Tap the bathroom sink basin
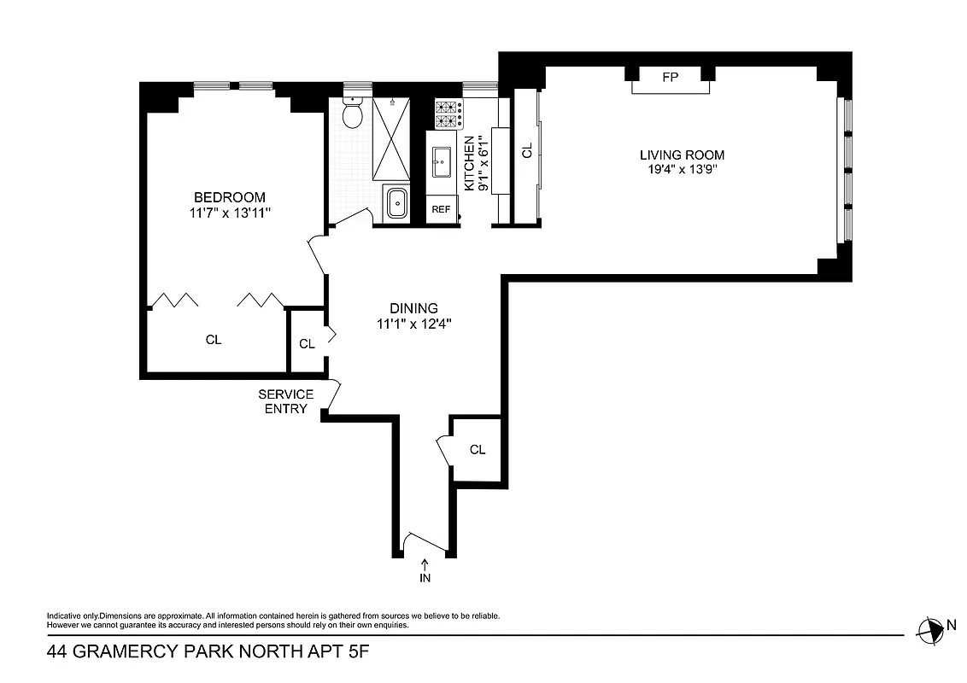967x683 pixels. pyautogui.click(x=397, y=205)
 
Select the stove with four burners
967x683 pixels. pyautogui.click(x=448, y=114)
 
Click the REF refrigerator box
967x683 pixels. pyautogui.click(x=441, y=209)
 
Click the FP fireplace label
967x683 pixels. pyautogui.click(x=671, y=78)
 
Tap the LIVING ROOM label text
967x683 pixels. pyautogui.click(x=682, y=155)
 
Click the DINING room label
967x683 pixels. pyautogui.click(x=413, y=308)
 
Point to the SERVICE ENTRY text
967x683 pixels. pyautogui.click(x=286, y=401)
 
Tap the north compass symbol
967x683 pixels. pyautogui.click(x=929, y=629)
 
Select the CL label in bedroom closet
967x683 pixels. pyautogui.click(x=214, y=340)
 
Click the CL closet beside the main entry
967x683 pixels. pyautogui.click(x=477, y=449)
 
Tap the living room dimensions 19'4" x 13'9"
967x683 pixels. pyautogui.click(x=682, y=170)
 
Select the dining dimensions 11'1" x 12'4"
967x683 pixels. pyautogui.click(x=413, y=324)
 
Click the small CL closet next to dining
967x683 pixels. pyautogui.click(x=307, y=344)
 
